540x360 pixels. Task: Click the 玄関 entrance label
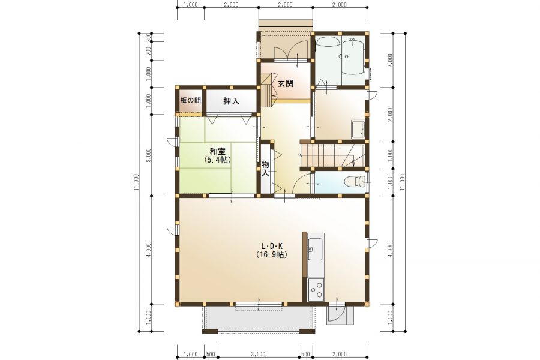coord(286,83)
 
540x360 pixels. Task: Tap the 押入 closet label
coord(232,101)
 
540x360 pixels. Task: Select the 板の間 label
coord(190,100)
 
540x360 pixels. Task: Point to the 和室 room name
coord(218,152)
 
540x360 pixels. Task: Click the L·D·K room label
coord(272,247)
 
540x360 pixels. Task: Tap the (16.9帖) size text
coord(272,255)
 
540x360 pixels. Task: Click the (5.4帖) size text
coord(217,160)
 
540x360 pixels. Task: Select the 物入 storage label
coord(265,169)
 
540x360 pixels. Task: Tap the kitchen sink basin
coord(315,249)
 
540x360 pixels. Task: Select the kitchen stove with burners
coord(316,289)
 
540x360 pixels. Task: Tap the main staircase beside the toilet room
coord(332,155)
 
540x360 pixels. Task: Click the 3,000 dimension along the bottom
coord(258,354)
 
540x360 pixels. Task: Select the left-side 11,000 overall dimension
coord(137,182)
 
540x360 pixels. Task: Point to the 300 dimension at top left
coord(148,38)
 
